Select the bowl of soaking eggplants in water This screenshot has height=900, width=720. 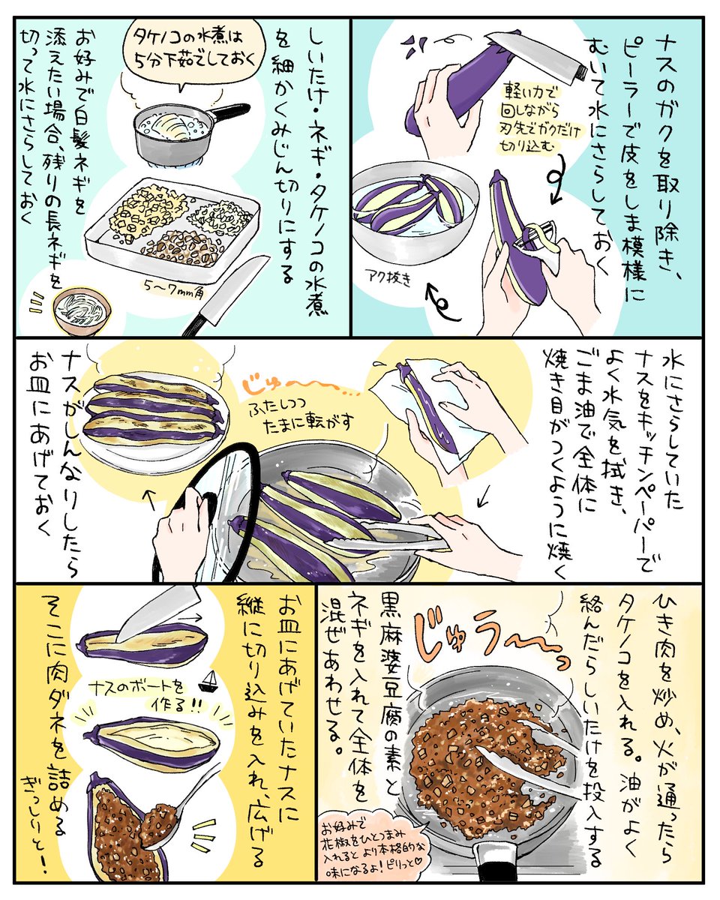pyautogui.click(x=414, y=213)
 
